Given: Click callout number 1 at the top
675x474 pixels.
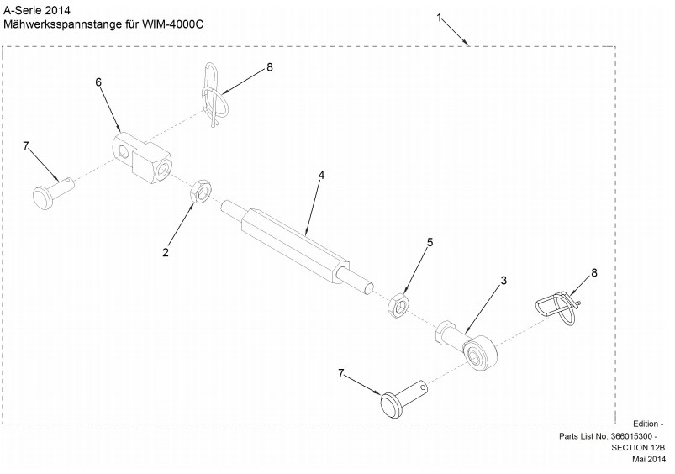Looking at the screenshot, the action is [439, 18].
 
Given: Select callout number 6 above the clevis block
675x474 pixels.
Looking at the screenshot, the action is [98, 82].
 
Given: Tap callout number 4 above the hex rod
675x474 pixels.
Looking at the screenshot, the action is [321, 175].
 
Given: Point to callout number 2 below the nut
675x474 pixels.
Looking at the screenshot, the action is [166, 253].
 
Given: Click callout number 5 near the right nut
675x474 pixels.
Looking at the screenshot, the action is [430, 242].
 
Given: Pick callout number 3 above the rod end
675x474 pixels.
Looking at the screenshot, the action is [504, 280].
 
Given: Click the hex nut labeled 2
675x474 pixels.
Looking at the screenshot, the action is [200, 192].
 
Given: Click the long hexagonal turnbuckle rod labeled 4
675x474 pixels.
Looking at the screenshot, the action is [297, 249].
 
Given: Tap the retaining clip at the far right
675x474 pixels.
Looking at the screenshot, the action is [560, 307].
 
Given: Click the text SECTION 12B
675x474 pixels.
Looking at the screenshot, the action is [638, 448].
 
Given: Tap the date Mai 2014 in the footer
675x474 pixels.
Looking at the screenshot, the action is [648, 460].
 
